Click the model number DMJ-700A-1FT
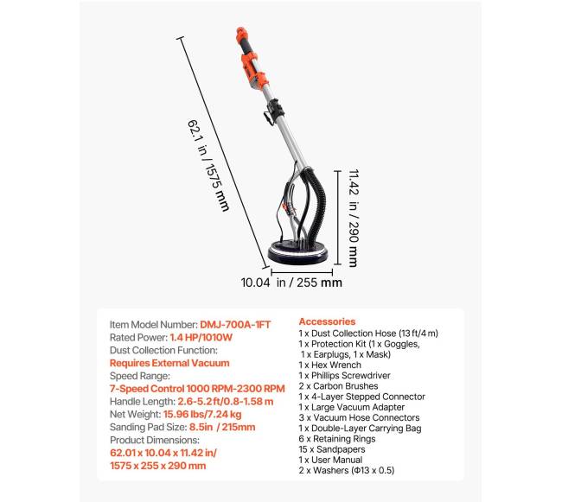coord(235,325)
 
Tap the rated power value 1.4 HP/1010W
coord(201,337)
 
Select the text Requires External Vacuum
coord(169,363)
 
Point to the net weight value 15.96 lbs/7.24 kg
coord(202,414)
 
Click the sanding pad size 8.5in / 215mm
coord(222,427)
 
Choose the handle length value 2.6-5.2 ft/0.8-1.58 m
coord(226,402)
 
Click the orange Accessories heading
coord(327,321)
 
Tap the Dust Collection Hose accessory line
coord(368,334)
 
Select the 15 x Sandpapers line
coord(332,449)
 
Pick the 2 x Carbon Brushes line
coord(338,386)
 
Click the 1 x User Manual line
coord(330,460)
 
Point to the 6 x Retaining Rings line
coord(337,439)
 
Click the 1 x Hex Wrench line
coord(330,365)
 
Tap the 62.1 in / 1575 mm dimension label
coord(208,165)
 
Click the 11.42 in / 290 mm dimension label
coord(354,218)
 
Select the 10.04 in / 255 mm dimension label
coord(291,283)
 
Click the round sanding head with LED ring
coord(298,251)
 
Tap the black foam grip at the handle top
coord(246,45)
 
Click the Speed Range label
coord(140,376)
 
